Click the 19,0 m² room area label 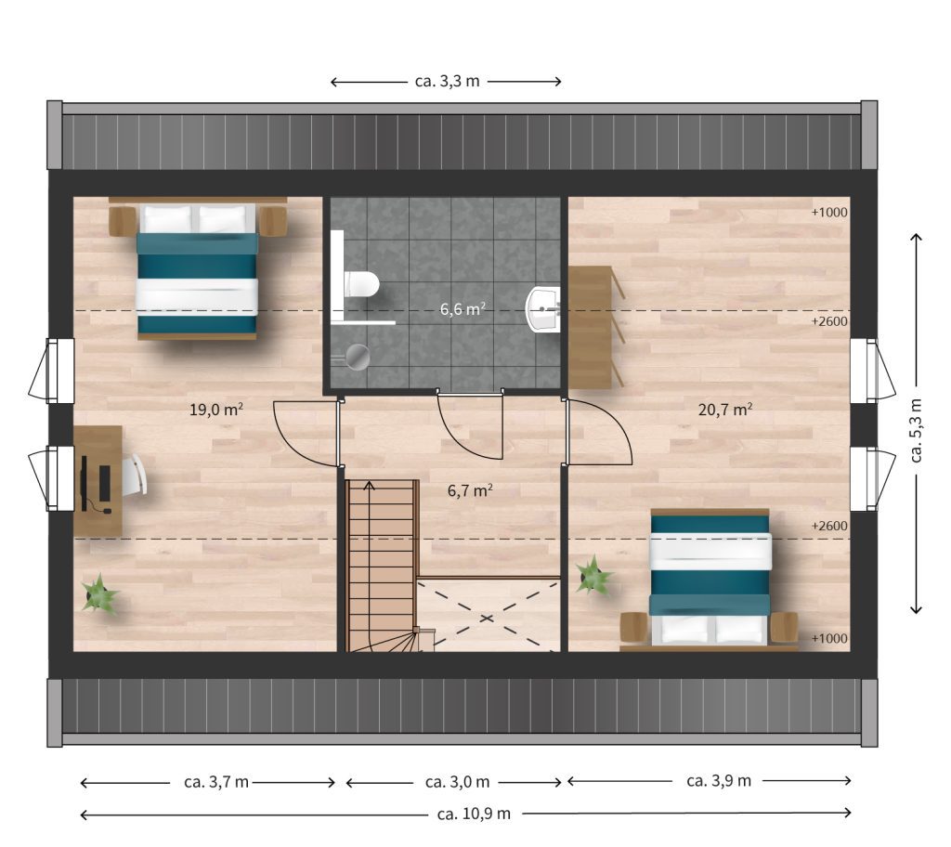pyautogui.click(x=215, y=410)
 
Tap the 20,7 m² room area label pyautogui.click(x=725, y=410)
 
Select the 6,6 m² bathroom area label pyautogui.click(x=462, y=309)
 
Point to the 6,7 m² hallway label pyautogui.click(x=470, y=490)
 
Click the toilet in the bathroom pyautogui.click(x=361, y=284)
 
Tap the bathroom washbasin pyautogui.click(x=542, y=309)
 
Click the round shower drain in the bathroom pyautogui.click(x=357, y=358)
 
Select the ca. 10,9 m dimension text pyautogui.click(x=474, y=814)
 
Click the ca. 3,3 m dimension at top pyautogui.click(x=447, y=81)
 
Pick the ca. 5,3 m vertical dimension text pyautogui.click(x=916, y=430)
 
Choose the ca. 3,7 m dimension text pyautogui.click(x=215, y=782)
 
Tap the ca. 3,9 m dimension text pyautogui.click(x=719, y=781)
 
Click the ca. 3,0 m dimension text pyautogui.click(x=457, y=782)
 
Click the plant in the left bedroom pyautogui.click(x=99, y=594)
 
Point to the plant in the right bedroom pyautogui.click(x=593, y=576)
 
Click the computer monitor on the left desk pyautogui.click(x=85, y=483)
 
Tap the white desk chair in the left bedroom pyautogui.click(x=136, y=474)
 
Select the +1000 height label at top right pyautogui.click(x=829, y=213)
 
